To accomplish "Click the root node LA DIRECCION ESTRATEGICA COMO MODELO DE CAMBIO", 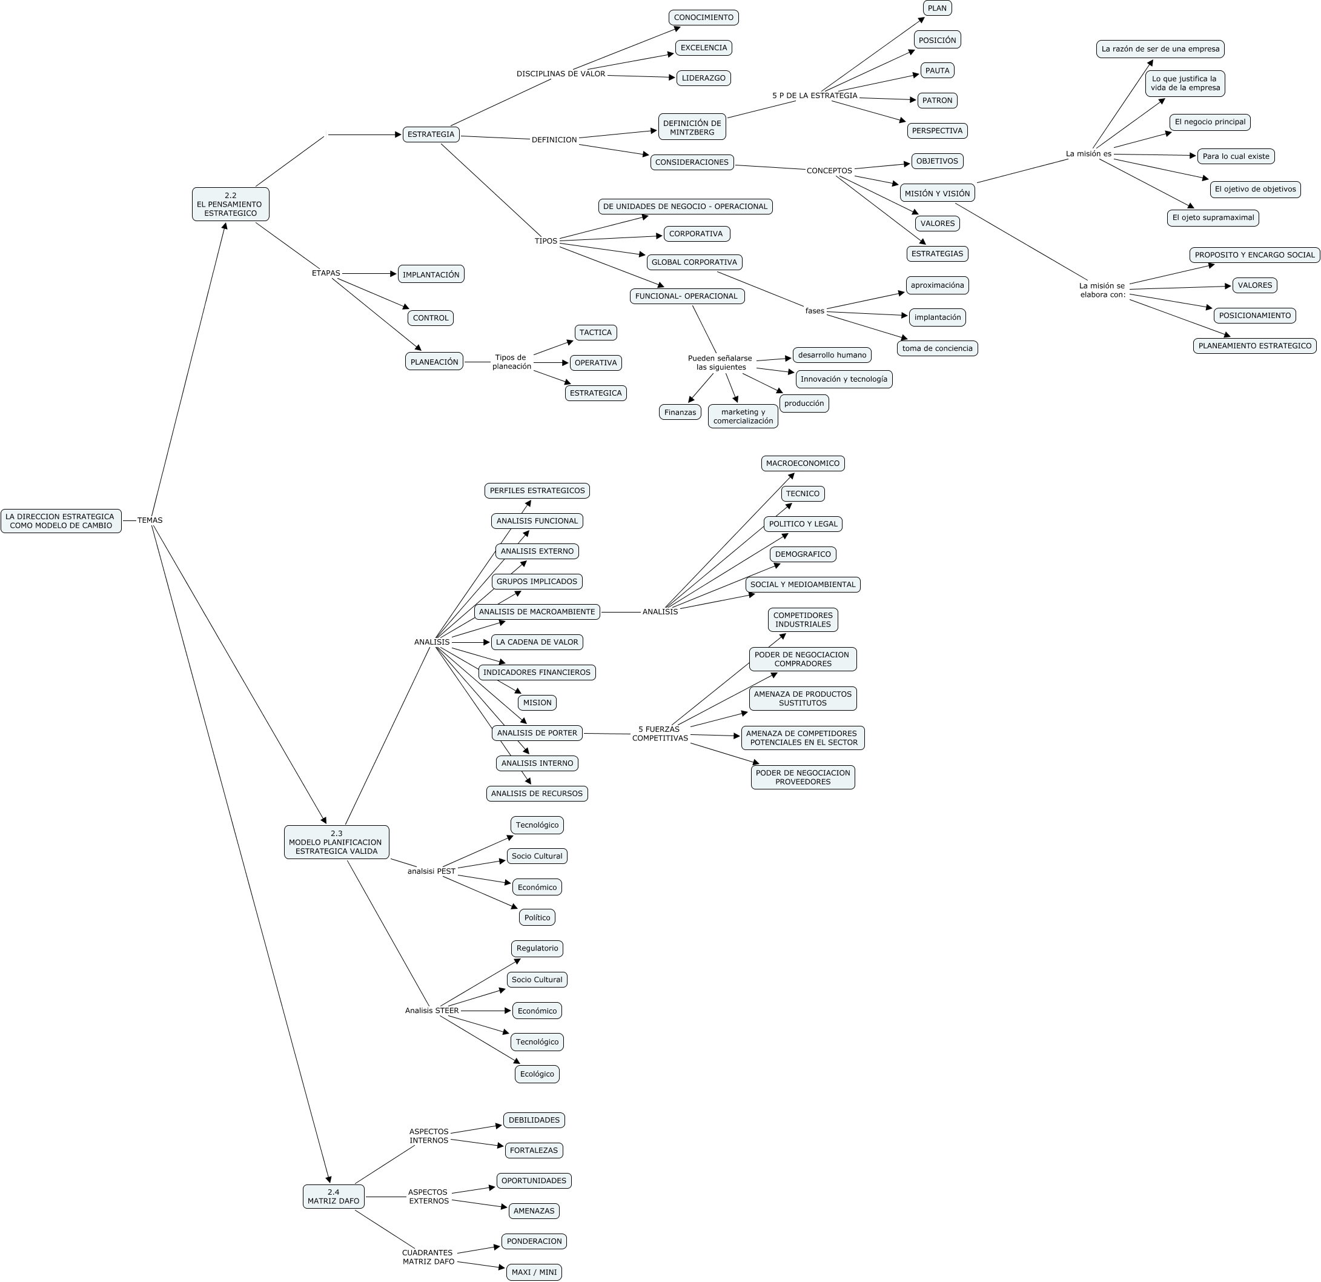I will pyautogui.click(x=61, y=521).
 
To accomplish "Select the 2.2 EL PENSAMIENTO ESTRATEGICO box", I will pyautogui.click(x=231, y=204).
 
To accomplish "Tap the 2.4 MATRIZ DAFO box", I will pyautogui.click(x=334, y=1197).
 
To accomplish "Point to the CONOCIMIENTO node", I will pyautogui.click(x=704, y=18).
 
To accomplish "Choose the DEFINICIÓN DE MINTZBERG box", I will pyautogui.click(x=692, y=127).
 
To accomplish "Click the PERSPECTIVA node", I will pyautogui.click(x=937, y=131).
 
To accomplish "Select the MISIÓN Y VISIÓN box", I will pyautogui.click(x=937, y=193).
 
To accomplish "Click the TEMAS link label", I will pyautogui.click(x=150, y=520).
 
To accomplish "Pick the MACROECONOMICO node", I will pyautogui.click(x=803, y=463).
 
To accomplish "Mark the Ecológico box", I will pyautogui.click(x=537, y=1074).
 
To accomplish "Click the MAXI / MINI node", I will pyautogui.click(x=534, y=1272).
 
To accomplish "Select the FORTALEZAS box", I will pyautogui.click(x=534, y=1150).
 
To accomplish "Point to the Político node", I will pyautogui.click(x=537, y=917).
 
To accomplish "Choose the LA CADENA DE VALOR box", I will pyautogui.click(x=537, y=642).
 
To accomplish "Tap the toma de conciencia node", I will pyautogui.click(x=937, y=348).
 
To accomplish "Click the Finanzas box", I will pyautogui.click(x=680, y=413).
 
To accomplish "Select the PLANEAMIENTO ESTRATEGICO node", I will pyautogui.click(x=1255, y=346).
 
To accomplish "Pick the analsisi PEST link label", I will pyautogui.click(x=431, y=871).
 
